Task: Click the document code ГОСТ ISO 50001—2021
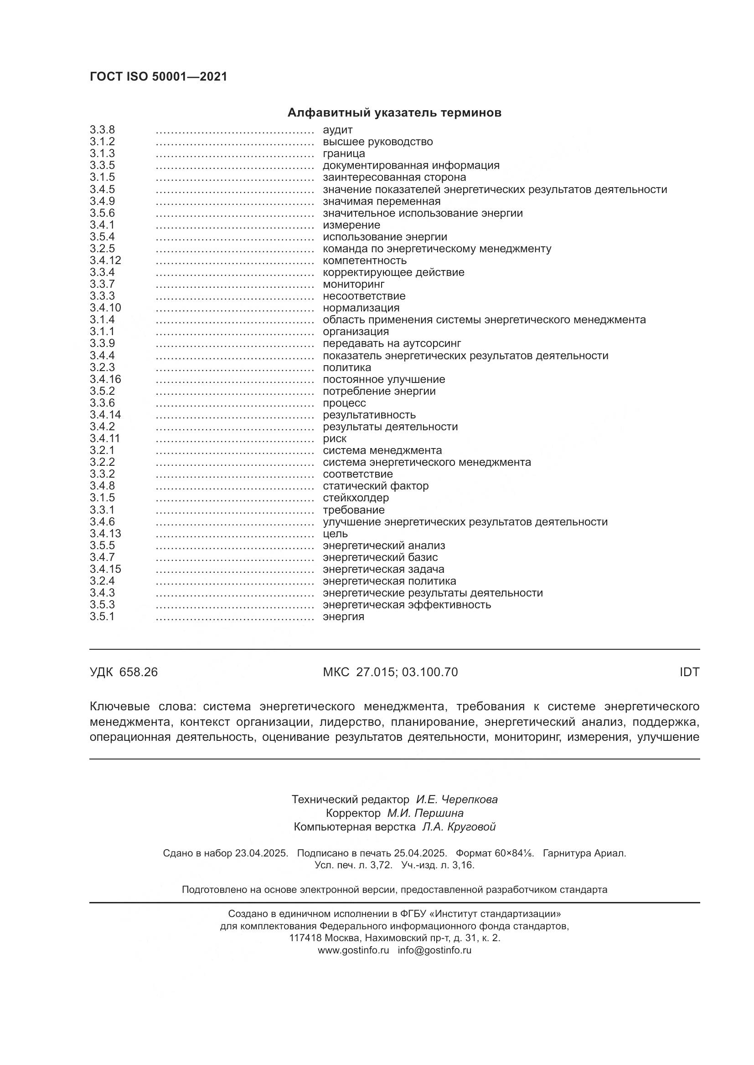(x=158, y=77)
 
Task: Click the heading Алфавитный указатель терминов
(x=394, y=113)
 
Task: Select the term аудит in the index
(x=337, y=130)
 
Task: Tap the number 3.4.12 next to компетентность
(x=105, y=261)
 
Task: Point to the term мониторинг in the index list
(x=353, y=284)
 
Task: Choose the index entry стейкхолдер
(x=356, y=498)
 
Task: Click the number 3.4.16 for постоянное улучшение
(x=105, y=379)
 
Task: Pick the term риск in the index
(x=334, y=439)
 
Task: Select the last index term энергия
(x=343, y=617)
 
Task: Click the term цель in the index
(x=335, y=534)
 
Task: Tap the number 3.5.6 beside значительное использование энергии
(x=102, y=214)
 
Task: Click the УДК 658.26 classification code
(x=124, y=672)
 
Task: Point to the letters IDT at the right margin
(x=689, y=672)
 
